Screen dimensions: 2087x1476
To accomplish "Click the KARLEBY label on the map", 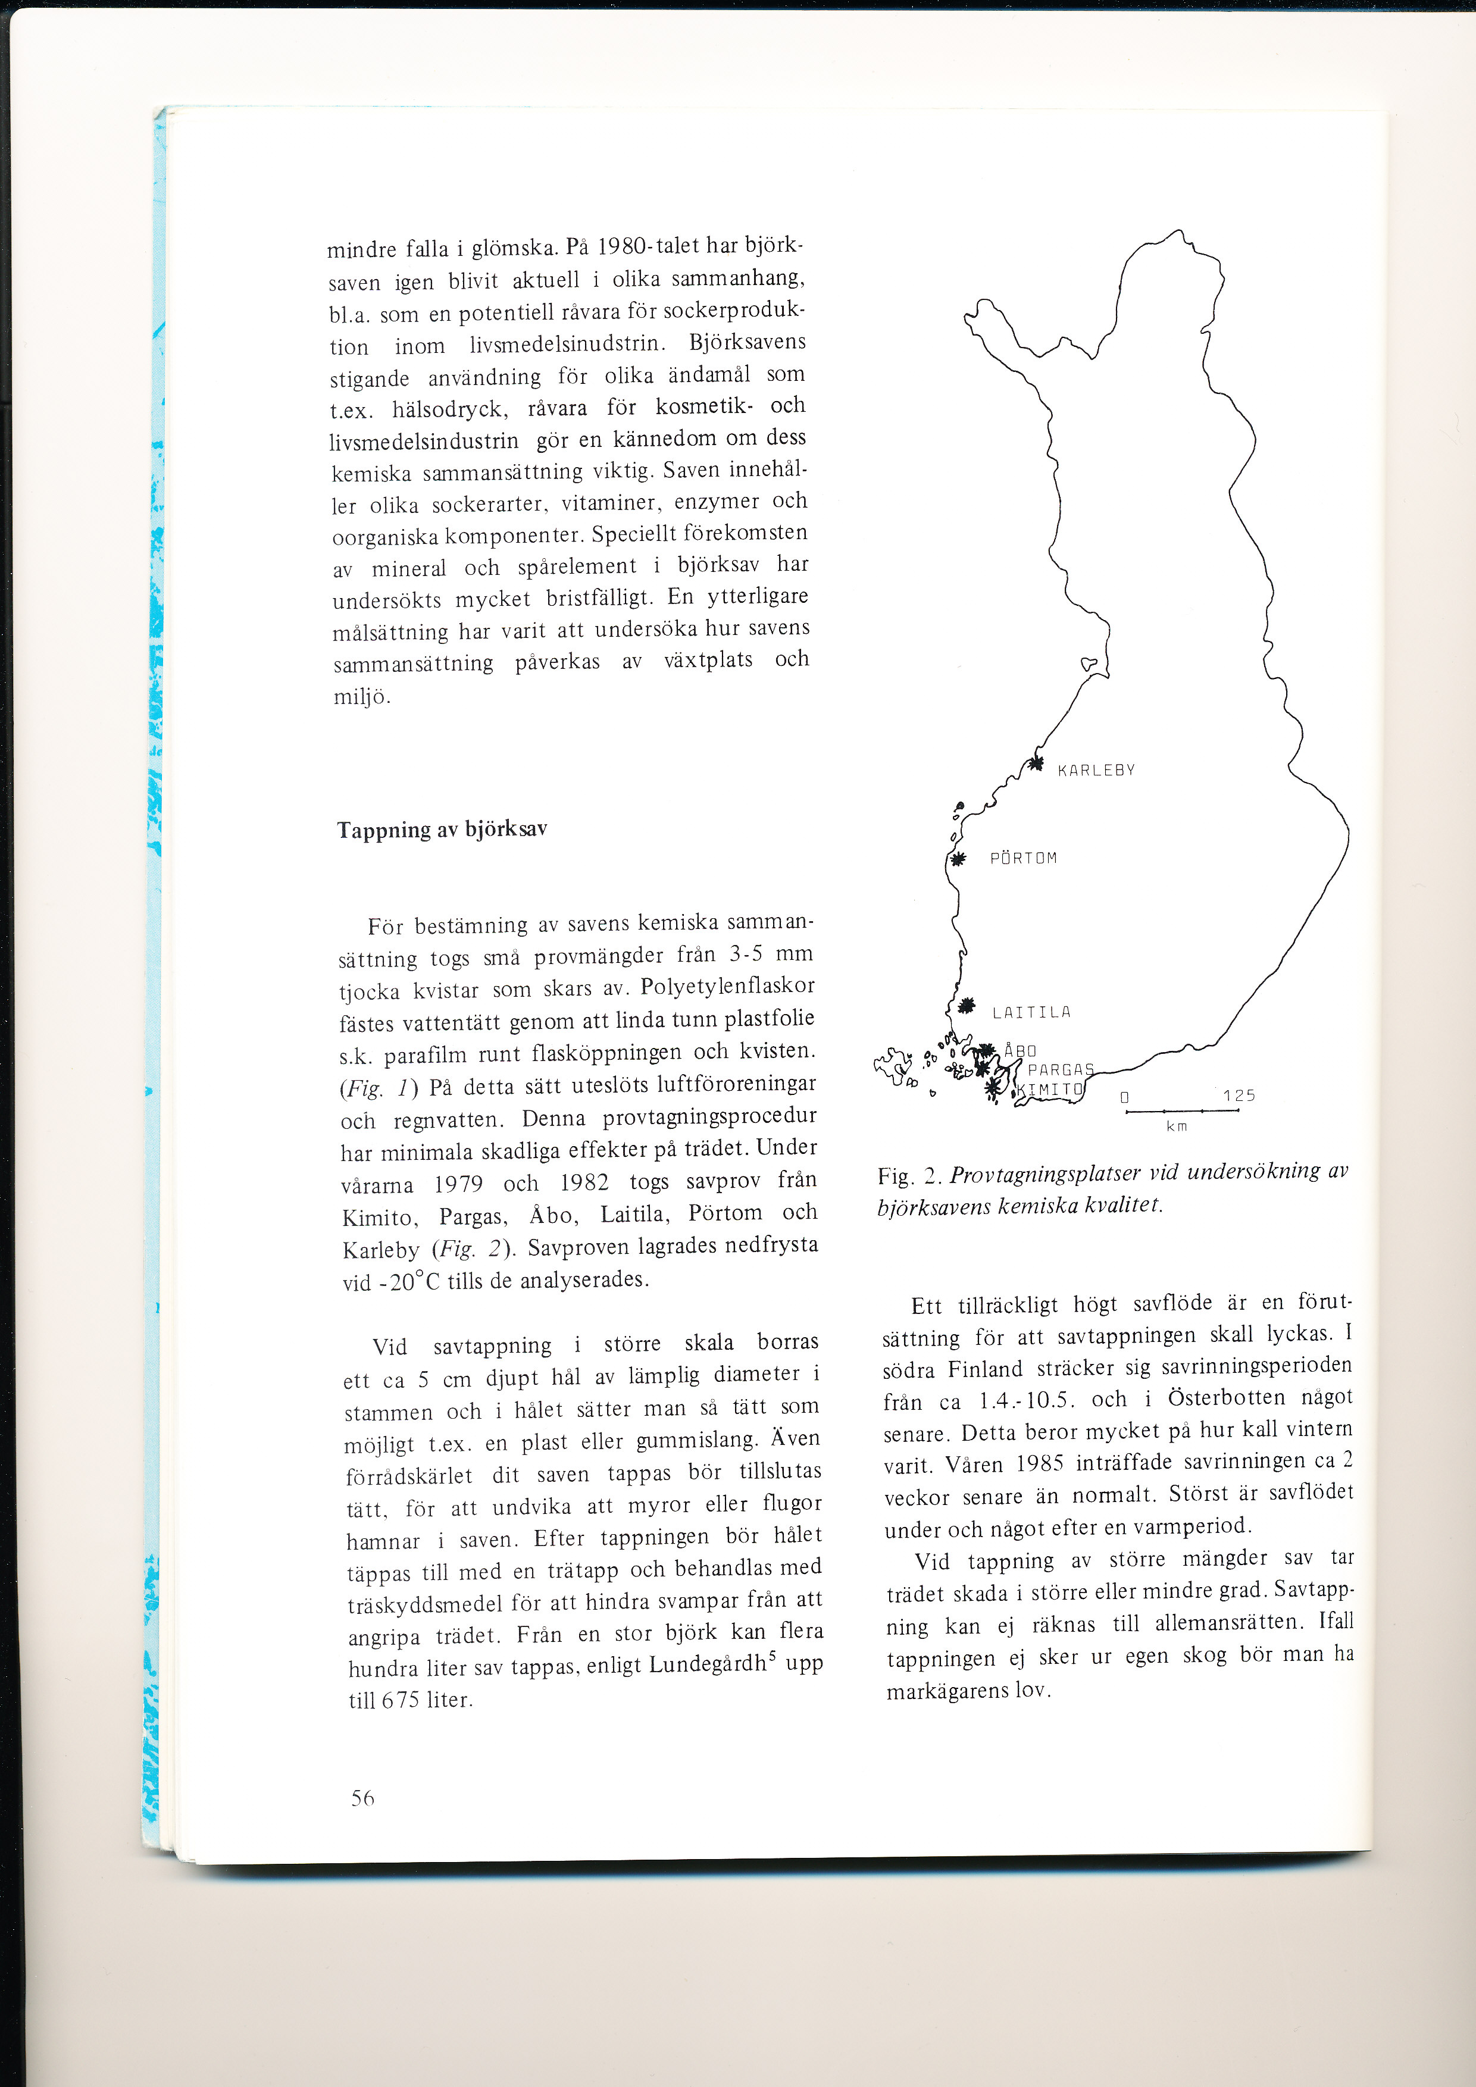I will (1096, 771).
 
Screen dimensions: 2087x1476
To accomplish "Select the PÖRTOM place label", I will (1024, 858).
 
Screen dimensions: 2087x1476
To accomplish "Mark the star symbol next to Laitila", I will (966, 1005).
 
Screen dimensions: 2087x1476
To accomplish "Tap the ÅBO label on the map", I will (1020, 1051).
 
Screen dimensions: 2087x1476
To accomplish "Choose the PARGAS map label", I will (1061, 1070).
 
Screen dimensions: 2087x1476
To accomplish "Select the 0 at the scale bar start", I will (1124, 1097).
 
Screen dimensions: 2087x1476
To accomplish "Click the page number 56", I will (362, 1797).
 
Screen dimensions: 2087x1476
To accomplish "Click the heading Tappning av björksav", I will (442, 829).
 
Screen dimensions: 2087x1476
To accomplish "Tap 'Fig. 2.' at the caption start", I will (910, 1177).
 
